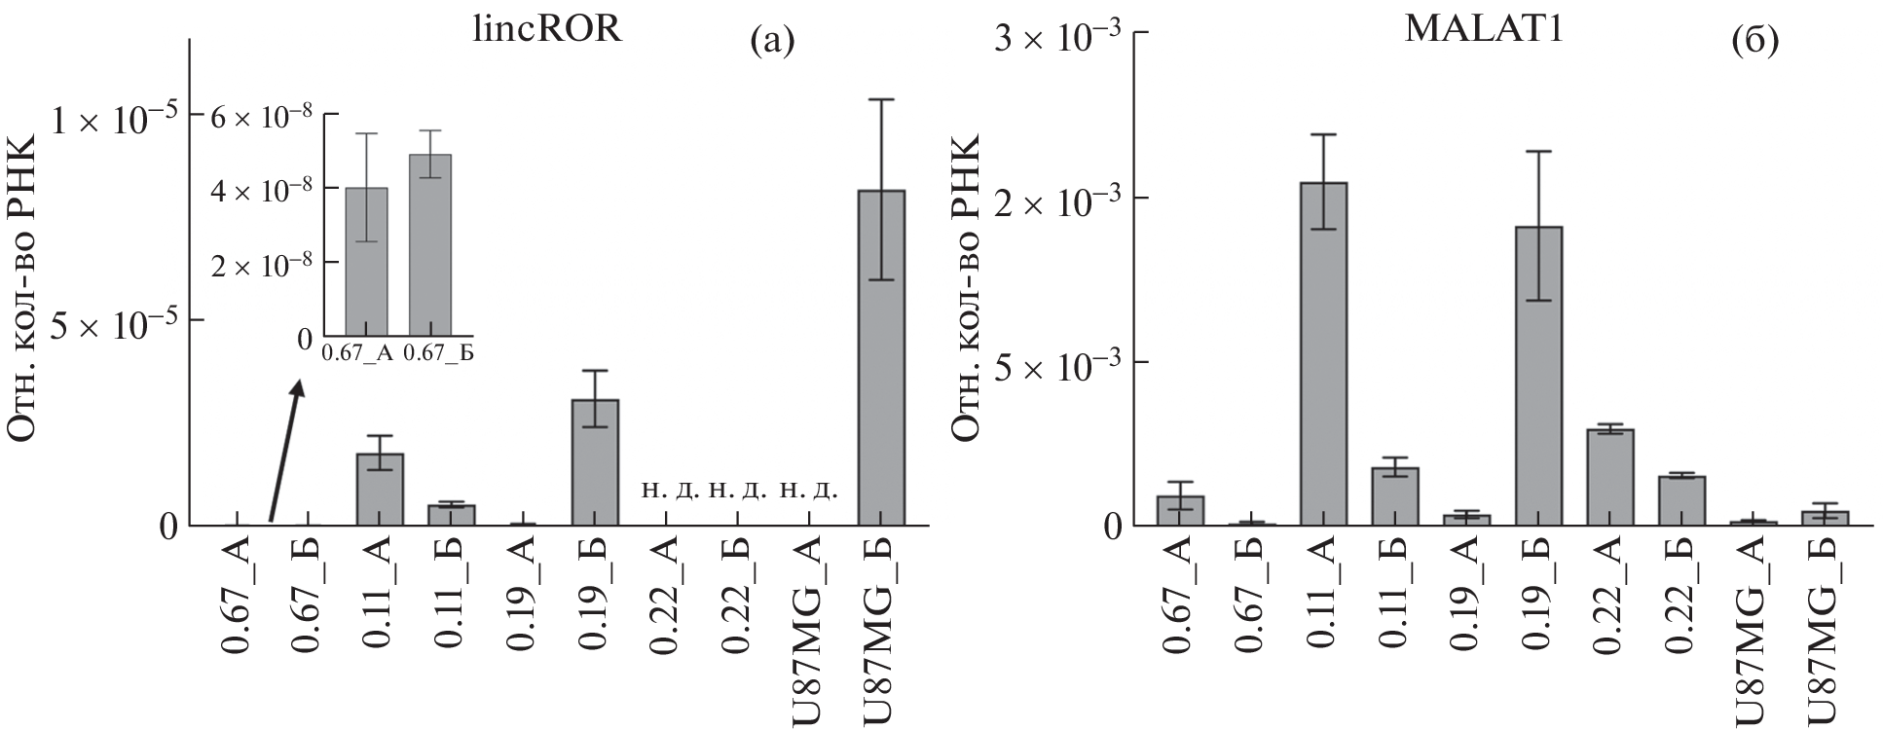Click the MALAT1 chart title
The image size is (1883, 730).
[1484, 29]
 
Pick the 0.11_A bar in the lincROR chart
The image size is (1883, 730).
[380, 490]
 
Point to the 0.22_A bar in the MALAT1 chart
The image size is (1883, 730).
[1610, 477]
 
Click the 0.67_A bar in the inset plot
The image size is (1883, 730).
[367, 263]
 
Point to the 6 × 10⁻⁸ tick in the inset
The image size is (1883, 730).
[265, 115]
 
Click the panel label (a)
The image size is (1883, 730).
[772, 41]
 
